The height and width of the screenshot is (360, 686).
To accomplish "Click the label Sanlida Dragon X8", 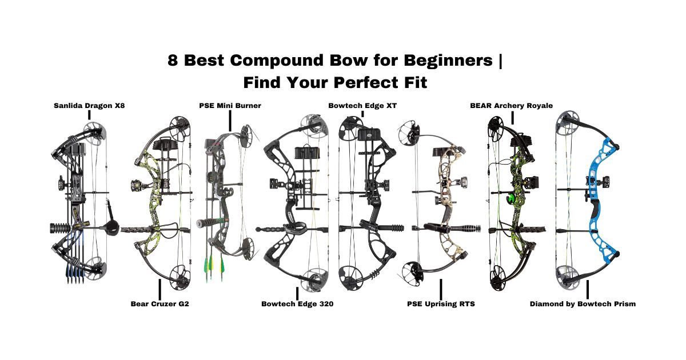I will pos(89,106).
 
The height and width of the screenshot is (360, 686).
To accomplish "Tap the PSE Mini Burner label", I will pos(230,106).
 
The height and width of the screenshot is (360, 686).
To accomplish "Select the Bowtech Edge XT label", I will pos(362,106).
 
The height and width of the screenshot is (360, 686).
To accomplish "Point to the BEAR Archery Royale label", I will pos(511,106).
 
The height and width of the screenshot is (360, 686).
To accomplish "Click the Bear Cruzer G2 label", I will pos(159,304).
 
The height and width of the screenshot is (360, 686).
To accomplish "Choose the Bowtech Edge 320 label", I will pos(297,304).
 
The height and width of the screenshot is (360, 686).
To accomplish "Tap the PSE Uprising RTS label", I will pos(440,304).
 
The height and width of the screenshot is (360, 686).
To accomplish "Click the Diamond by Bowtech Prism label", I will pos(583,304).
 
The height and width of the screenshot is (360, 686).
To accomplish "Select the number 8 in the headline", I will pos(173,61).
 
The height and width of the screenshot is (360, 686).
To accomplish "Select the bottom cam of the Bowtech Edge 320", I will pos(314,279).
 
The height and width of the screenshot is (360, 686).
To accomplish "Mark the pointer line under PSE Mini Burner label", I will pos(230,121).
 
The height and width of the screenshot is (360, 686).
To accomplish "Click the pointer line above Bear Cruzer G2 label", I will pos(159,289).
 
